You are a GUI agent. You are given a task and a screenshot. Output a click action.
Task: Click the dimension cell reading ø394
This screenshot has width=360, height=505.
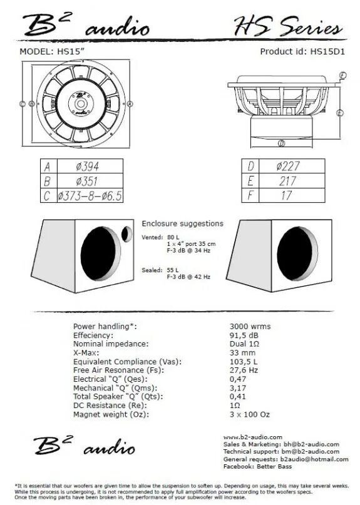coord(88,166)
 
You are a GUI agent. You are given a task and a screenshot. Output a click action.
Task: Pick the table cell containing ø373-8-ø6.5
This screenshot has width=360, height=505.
coord(88,196)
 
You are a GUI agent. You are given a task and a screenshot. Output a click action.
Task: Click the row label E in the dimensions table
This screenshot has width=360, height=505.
coord(250,181)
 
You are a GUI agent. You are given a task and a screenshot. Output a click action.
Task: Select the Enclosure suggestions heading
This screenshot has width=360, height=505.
coord(182,223)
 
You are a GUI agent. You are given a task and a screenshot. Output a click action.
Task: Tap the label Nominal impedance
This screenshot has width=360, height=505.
coord(111,344)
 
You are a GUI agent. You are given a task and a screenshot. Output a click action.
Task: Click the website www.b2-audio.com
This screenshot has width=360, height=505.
coord(252,437)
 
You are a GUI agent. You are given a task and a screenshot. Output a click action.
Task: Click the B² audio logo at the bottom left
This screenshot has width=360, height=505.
coord(83,446)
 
